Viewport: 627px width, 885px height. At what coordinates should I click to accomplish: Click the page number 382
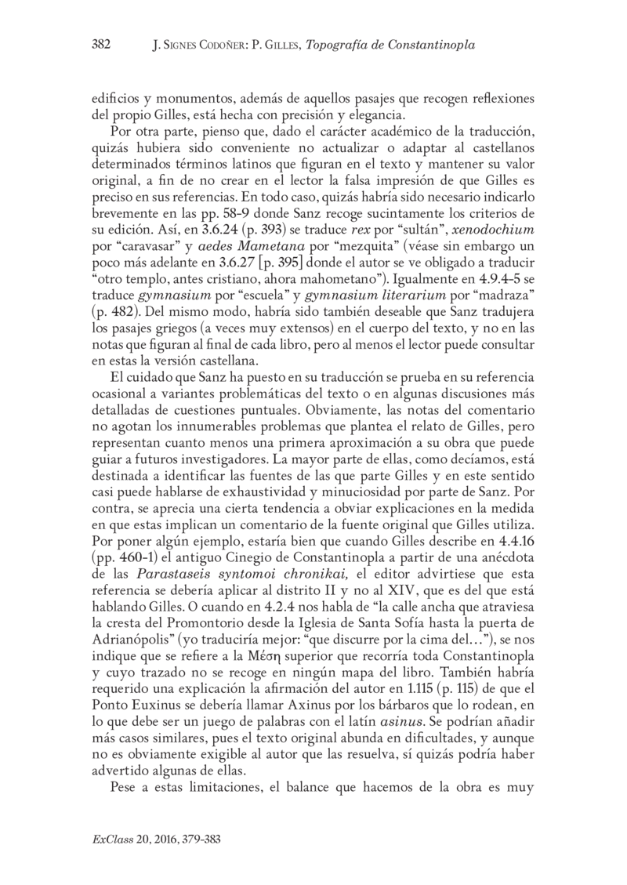[x=100, y=45]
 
